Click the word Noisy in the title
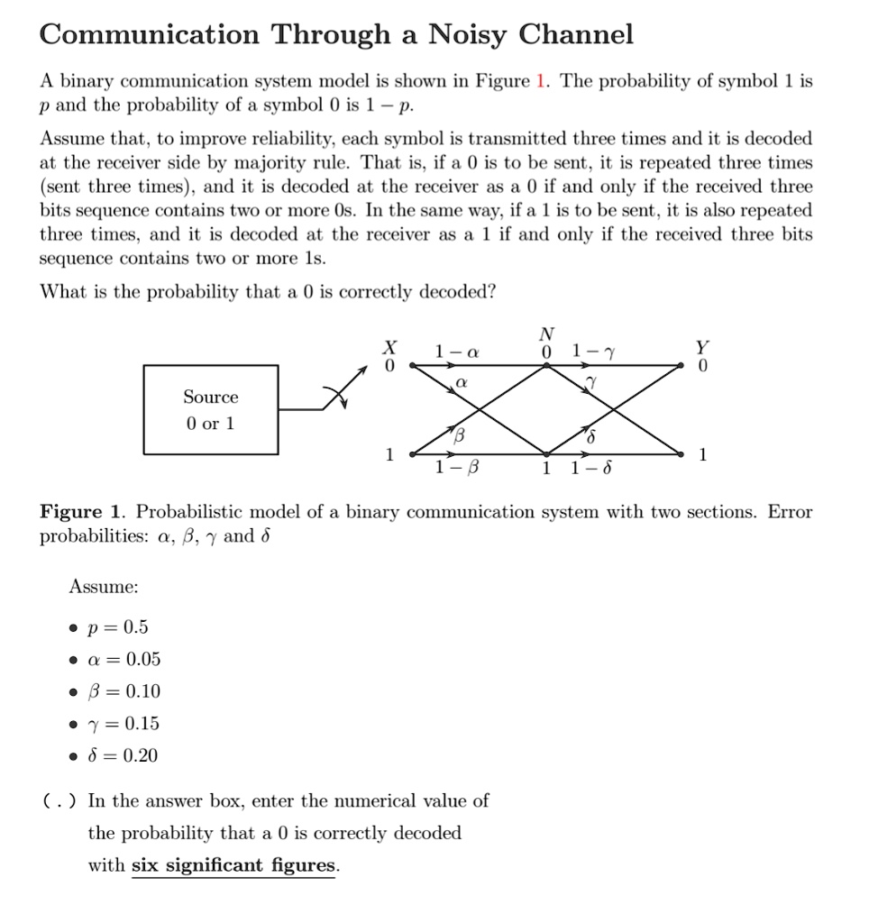[x=469, y=35]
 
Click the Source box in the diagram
[x=210, y=409]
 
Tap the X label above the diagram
[x=389, y=348]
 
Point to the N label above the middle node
[x=546, y=334]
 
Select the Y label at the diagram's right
[x=703, y=348]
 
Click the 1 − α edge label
[x=451, y=351]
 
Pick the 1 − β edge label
[x=451, y=468]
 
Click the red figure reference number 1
[x=540, y=81]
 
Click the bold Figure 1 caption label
[x=84, y=513]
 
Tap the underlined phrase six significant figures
[x=234, y=865]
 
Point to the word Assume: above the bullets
[x=104, y=587]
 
